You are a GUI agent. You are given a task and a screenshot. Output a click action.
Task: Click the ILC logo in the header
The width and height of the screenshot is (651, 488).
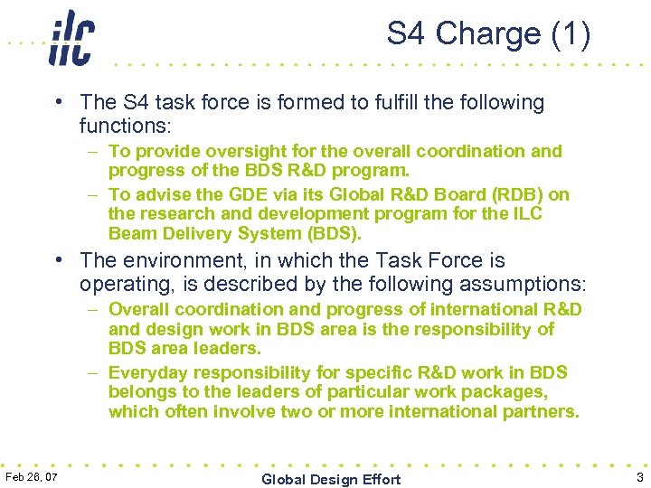tap(71, 38)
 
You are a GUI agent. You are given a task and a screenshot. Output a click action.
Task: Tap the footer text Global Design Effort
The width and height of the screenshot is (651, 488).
tap(331, 479)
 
